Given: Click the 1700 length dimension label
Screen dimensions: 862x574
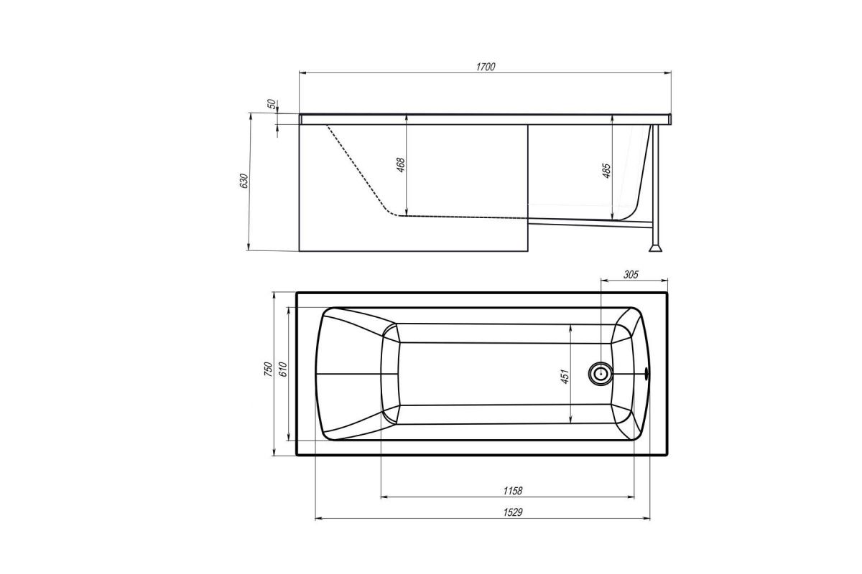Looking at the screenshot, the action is tap(486, 67).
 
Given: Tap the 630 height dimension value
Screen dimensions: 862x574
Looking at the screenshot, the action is tap(244, 181).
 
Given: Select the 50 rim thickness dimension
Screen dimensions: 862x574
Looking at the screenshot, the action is tap(272, 104).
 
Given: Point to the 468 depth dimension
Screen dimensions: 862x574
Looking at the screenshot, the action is tap(401, 165).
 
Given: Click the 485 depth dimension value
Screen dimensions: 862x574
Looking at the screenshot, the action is tap(606, 171).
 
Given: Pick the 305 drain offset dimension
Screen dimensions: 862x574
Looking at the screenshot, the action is tap(631, 275).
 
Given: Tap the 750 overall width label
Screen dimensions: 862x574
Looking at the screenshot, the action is tap(268, 369).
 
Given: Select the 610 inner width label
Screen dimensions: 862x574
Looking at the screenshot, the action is tap(283, 369).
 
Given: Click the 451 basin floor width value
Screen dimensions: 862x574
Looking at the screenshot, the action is tap(565, 377).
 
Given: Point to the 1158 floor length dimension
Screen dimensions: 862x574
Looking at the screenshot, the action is tap(513, 491).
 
